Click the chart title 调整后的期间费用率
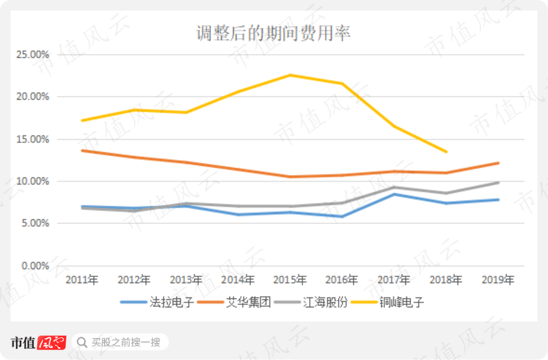pos(273,34)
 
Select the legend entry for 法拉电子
pos(157,302)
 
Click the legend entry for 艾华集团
pos(234,302)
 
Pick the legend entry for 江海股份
pos(311,302)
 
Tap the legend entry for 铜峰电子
pos(388,302)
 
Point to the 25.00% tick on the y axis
pos(32,55)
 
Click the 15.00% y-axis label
pos(32,139)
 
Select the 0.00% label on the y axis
pos(35,266)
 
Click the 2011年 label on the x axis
pos(82,280)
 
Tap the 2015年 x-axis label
pos(290,280)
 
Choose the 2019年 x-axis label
pos(498,280)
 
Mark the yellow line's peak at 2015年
pos(290,75)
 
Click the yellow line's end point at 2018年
pos(446,151)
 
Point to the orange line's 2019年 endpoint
pos(498,163)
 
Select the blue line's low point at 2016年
pos(342,217)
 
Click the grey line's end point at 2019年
pos(498,182)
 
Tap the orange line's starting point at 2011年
pos(82,151)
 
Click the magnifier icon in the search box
pos(82,343)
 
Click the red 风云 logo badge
pos(52,343)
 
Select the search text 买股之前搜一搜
pos(126,343)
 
